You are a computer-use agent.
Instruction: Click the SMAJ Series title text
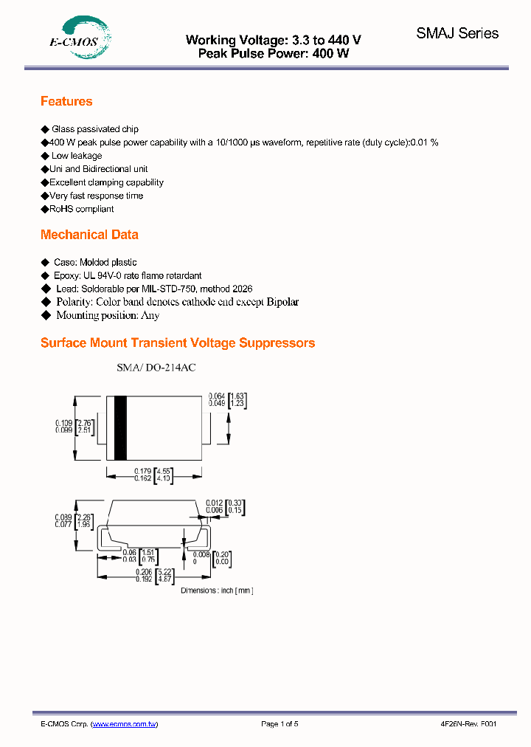[x=457, y=33]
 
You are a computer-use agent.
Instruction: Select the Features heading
[x=66, y=102]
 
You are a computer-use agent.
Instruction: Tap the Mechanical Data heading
[x=89, y=235]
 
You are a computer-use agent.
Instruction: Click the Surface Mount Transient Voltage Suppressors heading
[x=178, y=343]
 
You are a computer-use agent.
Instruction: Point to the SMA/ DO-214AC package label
[x=156, y=367]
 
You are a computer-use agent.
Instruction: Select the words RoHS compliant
[x=82, y=209]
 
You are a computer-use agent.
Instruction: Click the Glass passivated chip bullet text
[x=94, y=129]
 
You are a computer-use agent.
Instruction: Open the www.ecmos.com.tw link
[x=124, y=724]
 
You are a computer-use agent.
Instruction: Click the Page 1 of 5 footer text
[x=280, y=724]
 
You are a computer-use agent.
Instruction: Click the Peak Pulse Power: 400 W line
[x=274, y=53]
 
